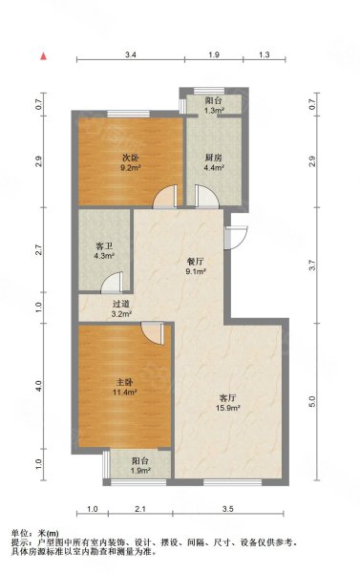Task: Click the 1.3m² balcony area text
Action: point(215,111)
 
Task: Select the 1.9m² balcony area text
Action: point(140,471)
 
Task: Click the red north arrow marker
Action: point(43,56)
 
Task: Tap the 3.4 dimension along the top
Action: point(130,55)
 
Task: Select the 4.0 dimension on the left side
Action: point(39,385)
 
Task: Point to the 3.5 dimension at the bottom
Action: point(228,509)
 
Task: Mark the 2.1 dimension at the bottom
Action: point(140,509)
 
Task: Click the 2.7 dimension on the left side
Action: point(39,250)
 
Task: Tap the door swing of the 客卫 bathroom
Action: point(114,282)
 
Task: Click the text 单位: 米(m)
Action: point(34,533)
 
